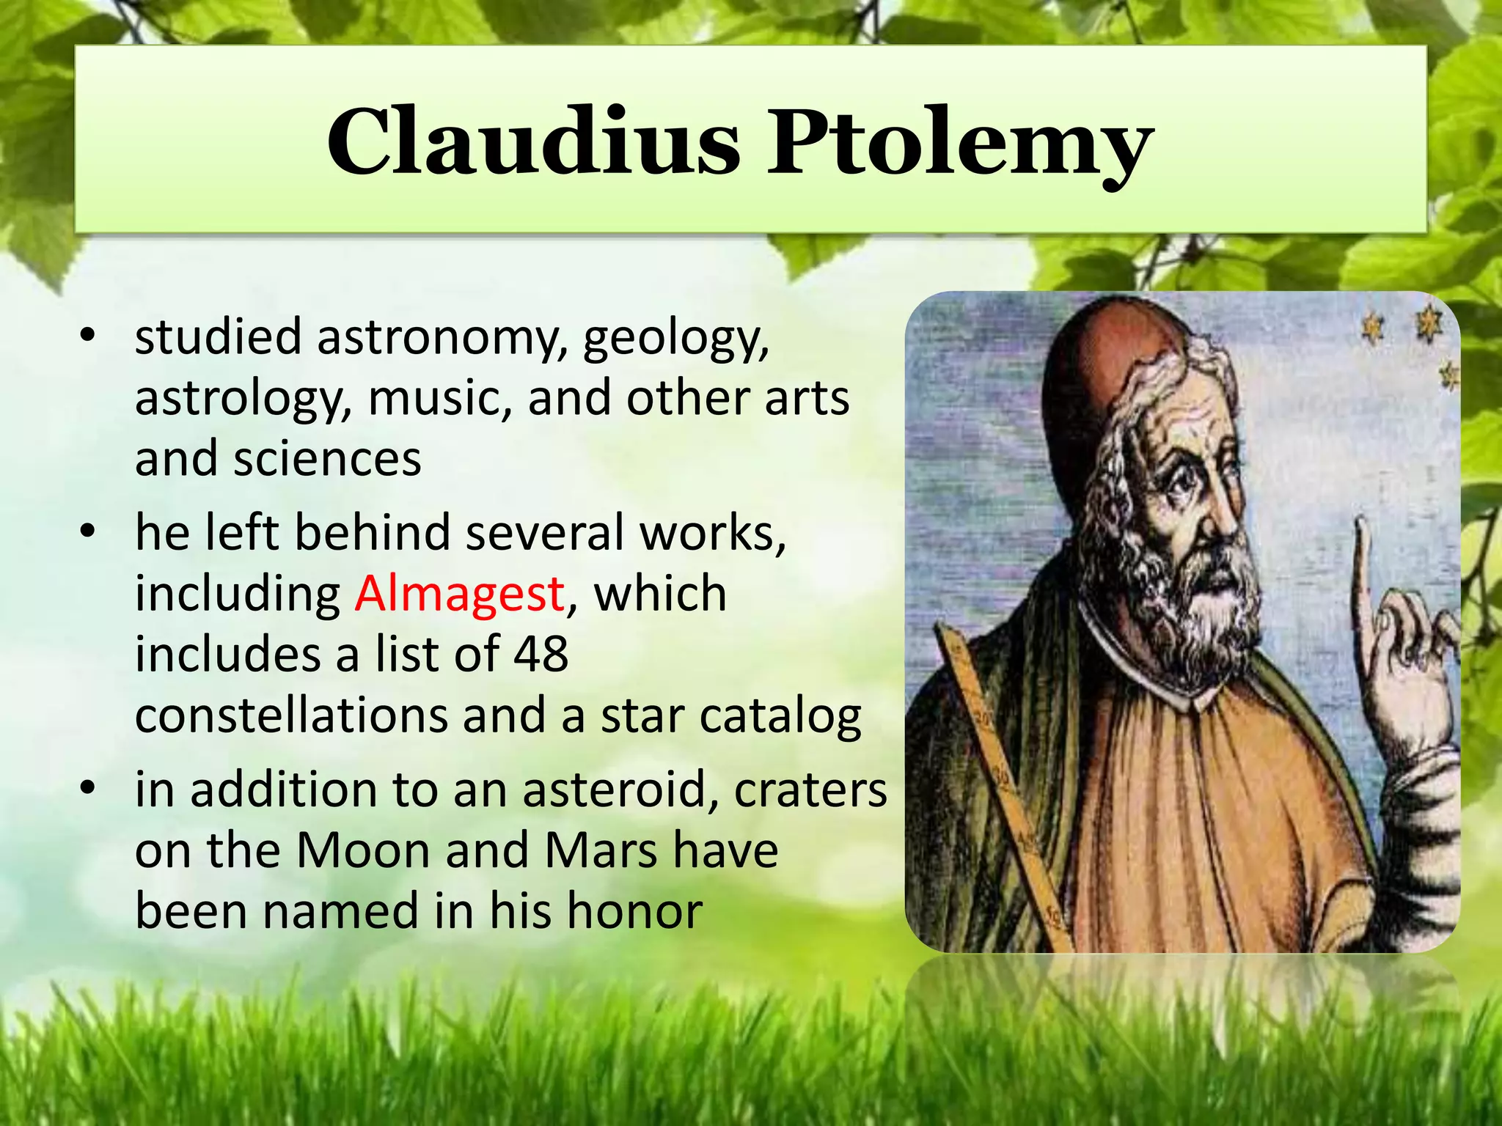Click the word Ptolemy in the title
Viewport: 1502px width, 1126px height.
(959, 143)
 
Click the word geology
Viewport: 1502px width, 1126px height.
(675, 338)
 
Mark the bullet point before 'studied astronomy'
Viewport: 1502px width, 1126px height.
(88, 336)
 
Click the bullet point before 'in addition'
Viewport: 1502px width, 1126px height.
(88, 788)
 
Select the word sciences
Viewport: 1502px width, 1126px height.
(327, 460)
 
